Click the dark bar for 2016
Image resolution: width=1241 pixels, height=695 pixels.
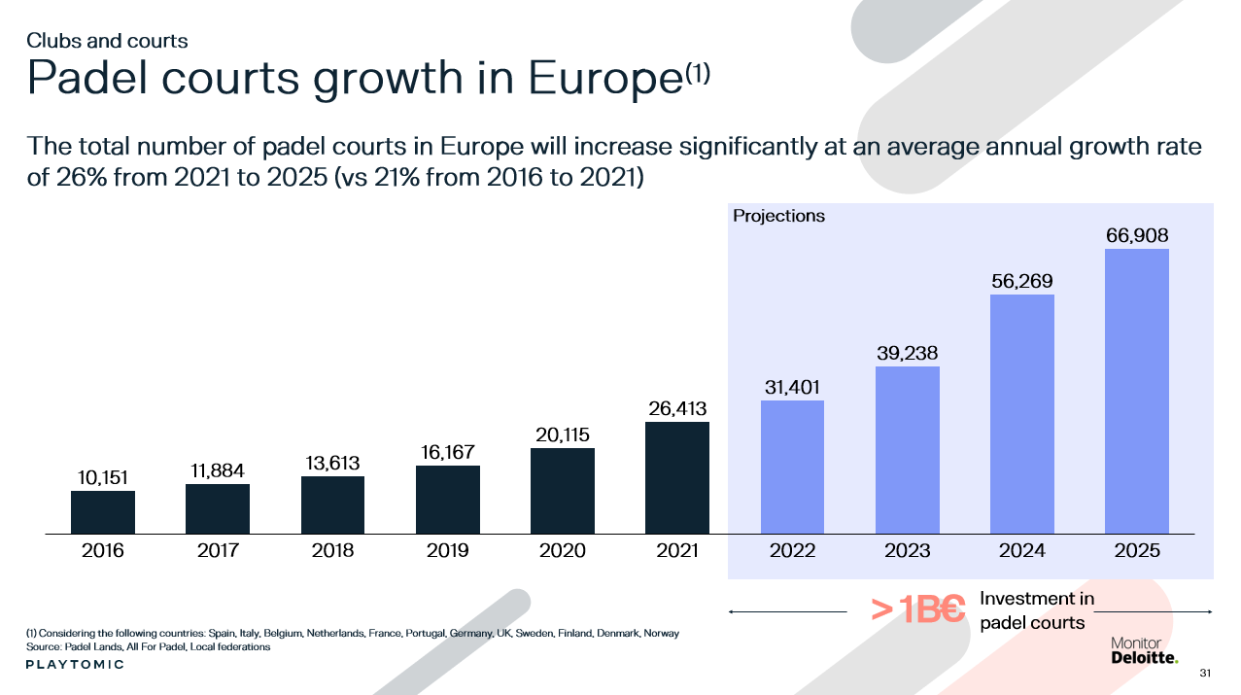[102, 512]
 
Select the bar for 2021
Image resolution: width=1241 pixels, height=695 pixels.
[676, 477]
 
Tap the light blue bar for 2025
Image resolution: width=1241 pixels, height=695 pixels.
[1137, 391]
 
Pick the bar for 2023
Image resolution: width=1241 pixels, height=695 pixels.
[907, 450]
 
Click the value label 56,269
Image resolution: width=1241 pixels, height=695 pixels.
[1021, 282]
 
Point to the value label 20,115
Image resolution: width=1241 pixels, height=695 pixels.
[562, 434]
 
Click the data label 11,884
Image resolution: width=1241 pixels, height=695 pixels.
[217, 470]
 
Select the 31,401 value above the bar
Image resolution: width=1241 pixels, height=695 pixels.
[791, 387]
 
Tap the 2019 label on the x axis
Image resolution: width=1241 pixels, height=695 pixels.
[447, 551]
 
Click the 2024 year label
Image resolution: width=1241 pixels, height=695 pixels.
[1021, 551]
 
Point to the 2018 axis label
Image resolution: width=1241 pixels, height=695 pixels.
[332, 551]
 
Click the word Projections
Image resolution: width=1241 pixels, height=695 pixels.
[778, 216]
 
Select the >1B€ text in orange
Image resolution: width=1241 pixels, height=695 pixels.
[917, 610]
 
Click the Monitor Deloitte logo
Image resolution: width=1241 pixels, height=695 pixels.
[1144, 651]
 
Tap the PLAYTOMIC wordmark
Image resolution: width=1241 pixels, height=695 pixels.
[75, 665]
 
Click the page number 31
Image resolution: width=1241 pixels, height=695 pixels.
[1205, 673]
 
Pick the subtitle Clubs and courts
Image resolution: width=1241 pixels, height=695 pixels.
[107, 41]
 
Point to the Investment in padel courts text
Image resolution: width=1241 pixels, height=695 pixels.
[1036, 610]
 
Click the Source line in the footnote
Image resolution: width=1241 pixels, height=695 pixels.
[148, 646]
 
